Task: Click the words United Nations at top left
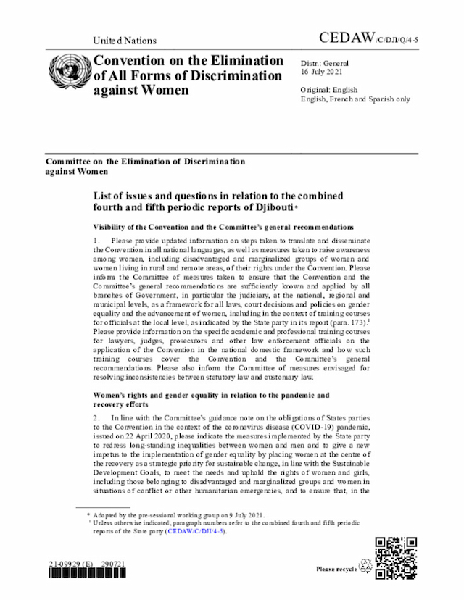(x=125, y=41)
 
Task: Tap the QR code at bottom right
(x=395, y=558)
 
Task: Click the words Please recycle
(x=336, y=570)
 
